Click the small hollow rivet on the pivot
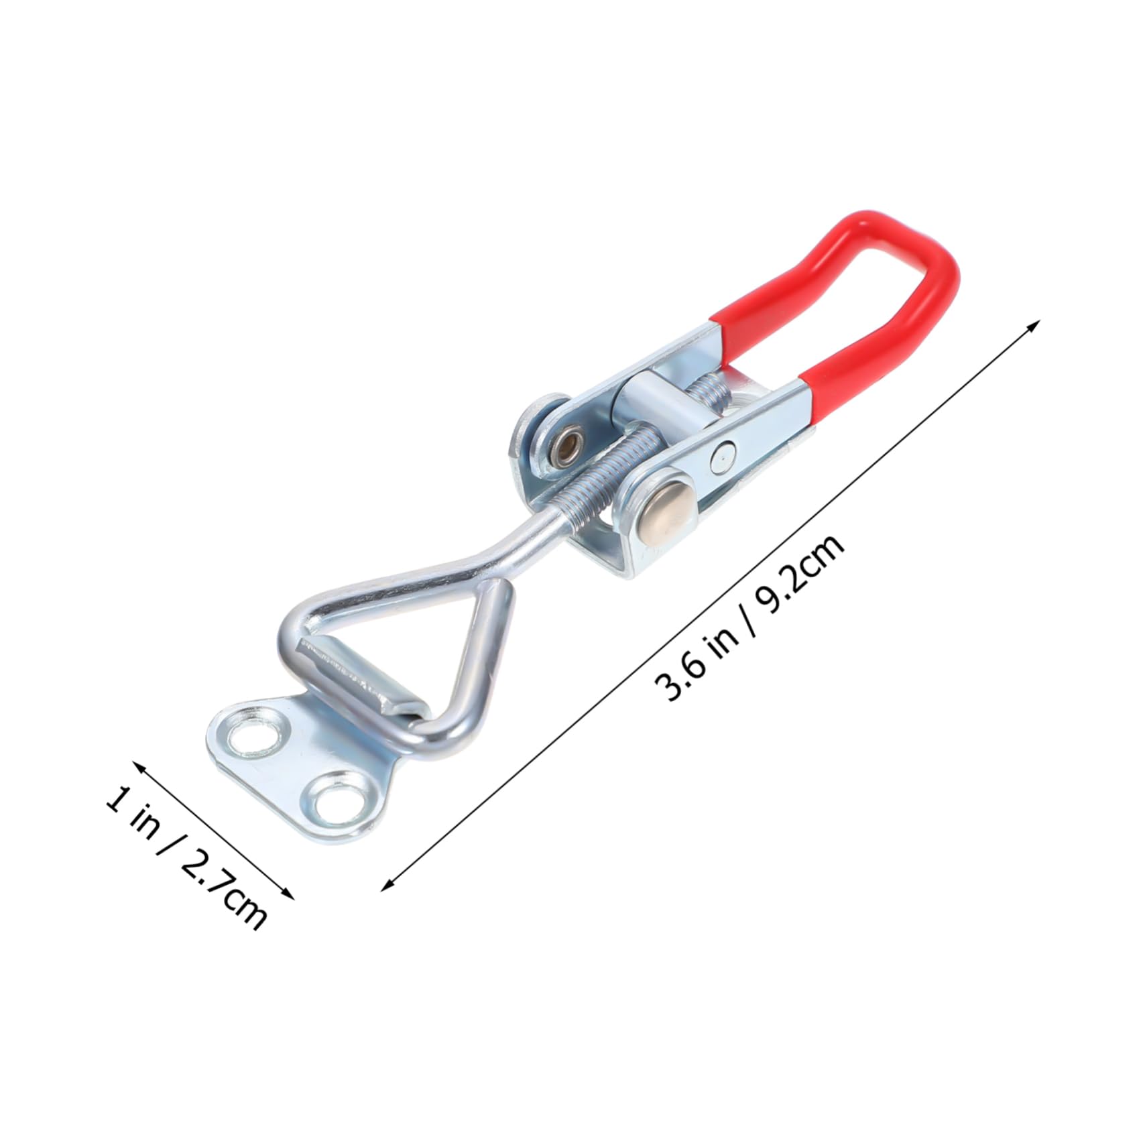point(568,443)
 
